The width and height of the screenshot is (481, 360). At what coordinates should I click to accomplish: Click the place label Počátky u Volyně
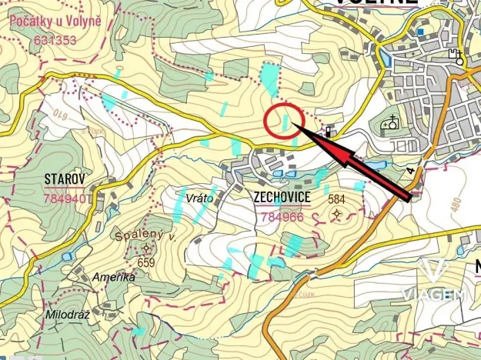[x=55, y=23]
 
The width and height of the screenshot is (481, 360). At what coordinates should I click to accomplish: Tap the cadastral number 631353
[x=55, y=39]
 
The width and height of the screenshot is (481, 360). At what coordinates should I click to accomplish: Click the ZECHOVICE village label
[x=282, y=198]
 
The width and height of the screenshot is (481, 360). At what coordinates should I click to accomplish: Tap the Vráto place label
[x=199, y=198]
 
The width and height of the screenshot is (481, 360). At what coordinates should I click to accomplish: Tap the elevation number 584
[x=336, y=199]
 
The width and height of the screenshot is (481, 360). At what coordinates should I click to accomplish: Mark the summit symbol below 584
[x=337, y=214]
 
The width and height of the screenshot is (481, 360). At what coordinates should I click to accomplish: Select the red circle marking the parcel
[x=282, y=121]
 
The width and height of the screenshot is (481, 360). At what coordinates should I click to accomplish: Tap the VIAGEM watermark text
[x=433, y=294]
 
